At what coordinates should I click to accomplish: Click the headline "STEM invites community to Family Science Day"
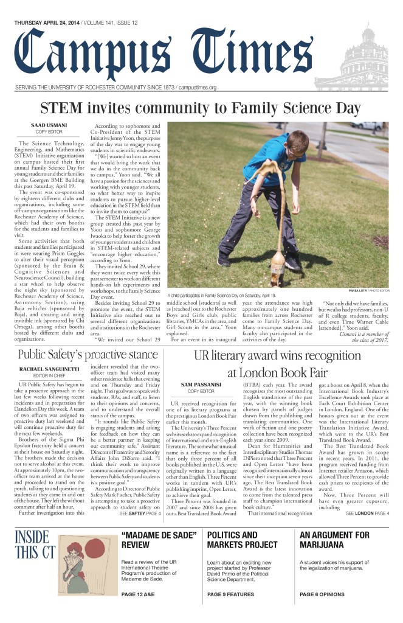coord(201,109)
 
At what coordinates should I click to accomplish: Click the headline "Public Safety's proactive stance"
coord(88,355)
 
